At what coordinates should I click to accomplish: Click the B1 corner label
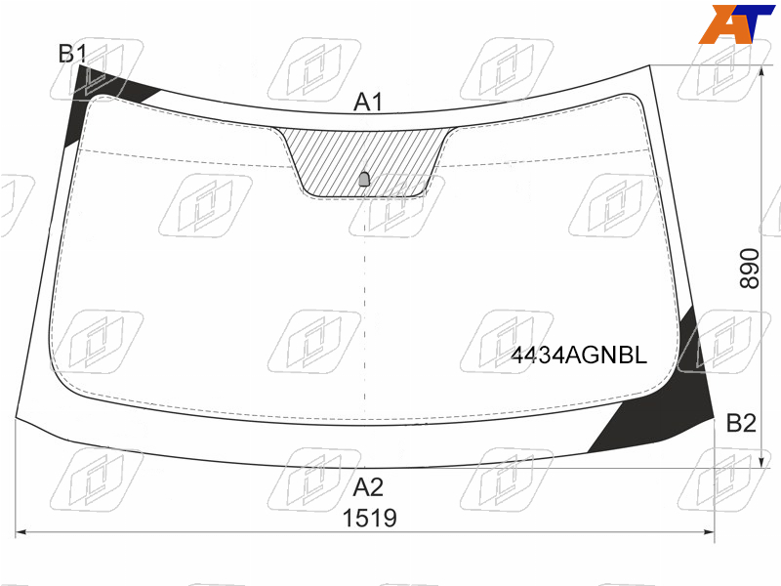point(72,54)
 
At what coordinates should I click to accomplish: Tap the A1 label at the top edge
point(368,103)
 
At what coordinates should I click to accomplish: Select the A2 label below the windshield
point(368,486)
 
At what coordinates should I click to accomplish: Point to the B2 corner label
point(741,423)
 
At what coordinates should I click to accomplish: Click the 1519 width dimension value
point(370,519)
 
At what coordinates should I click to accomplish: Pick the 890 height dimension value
point(749,269)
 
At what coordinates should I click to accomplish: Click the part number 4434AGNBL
point(579,356)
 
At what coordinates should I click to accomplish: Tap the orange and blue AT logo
point(736,23)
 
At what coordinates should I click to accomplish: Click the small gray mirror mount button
point(364,179)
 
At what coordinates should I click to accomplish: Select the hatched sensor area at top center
point(364,160)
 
